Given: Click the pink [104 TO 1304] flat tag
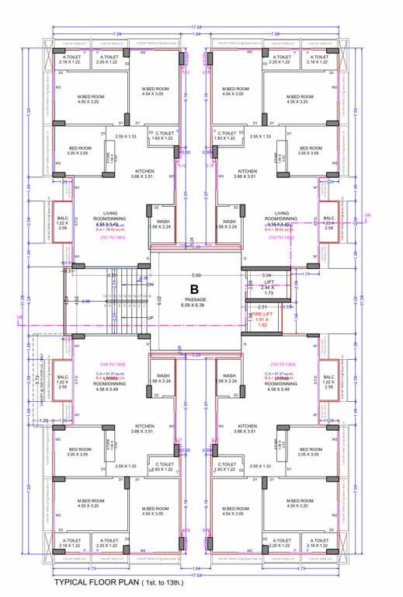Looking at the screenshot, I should pyautogui.click(x=109, y=364).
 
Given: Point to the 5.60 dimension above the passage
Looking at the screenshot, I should pyautogui.click(x=196, y=275).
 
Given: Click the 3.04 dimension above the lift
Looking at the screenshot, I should pyautogui.click(x=266, y=275).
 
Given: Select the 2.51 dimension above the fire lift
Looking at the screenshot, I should pyautogui.click(x=263, y=307).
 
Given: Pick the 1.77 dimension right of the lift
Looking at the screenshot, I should pyautogui.click(x=306, y=274).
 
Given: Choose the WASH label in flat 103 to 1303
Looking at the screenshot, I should pyautogui.click(x=228, y=375).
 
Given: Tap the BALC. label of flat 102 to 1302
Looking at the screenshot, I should pyautogui.click(x=328, y=221).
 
